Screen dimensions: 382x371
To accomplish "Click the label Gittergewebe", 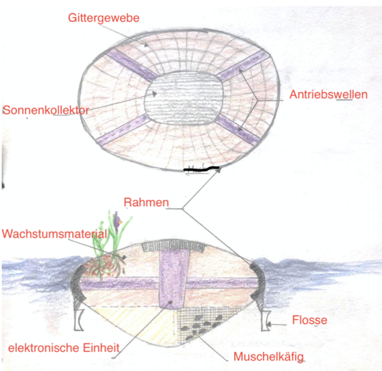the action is tap(104, 18).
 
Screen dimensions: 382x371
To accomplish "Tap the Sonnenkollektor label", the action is tap(46, 110).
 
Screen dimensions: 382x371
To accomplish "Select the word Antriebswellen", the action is tap(329, 95).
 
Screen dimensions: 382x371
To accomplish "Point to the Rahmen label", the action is tap(146, 202).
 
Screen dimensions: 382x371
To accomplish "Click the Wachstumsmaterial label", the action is tap(55, 234).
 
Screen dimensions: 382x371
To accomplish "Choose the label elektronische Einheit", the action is tap(64, 348).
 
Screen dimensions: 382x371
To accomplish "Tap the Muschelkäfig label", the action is tap(269, 357).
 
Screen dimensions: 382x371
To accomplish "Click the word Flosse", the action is tap(310, 320).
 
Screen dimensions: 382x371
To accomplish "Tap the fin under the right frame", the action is tap(265, 320).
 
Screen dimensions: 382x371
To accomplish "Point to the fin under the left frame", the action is tap(79, 320).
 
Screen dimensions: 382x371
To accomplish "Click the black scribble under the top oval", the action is tap(201, 168).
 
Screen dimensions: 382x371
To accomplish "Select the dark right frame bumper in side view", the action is tap(258, 282).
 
